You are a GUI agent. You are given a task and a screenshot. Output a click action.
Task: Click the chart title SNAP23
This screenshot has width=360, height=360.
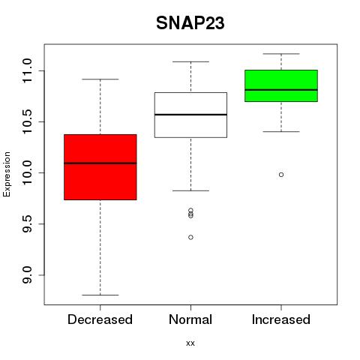click(x=190, y=23)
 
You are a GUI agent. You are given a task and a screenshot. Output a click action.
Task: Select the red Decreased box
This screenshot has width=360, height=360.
click(x=100, y=167)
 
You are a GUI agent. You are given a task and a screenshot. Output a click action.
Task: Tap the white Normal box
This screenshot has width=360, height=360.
click(x=190, y=115)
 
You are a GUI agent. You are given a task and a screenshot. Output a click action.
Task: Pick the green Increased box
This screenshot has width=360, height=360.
click(x=281, y=85)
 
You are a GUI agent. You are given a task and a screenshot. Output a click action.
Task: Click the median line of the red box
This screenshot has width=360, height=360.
click(x=100, y=163)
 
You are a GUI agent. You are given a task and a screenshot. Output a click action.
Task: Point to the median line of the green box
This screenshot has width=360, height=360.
click(x=281, y=90)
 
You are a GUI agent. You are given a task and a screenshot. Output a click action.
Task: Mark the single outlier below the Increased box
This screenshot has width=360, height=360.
click(x=281, y=175)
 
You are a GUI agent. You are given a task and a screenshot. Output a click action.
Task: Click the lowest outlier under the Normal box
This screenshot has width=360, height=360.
click(x=190, y=237)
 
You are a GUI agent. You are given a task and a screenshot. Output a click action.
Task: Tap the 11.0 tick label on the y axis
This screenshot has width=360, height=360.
click(x=27, y=70)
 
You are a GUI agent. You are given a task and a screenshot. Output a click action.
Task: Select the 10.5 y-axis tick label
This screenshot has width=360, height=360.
click(x=27, y=121)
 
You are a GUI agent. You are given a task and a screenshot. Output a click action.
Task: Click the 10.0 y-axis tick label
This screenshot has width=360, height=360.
click(x=27, y=172)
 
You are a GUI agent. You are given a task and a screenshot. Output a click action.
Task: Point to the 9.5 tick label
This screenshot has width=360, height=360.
click(x=27, y=223)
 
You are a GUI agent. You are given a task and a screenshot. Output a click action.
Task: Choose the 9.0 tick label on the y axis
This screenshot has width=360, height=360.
click(x=27, y=275)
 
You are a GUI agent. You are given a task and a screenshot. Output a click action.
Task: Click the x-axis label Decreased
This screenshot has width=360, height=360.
click(x=100, y=319)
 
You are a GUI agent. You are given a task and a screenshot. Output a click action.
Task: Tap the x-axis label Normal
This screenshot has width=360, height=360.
click(x=190, y=319)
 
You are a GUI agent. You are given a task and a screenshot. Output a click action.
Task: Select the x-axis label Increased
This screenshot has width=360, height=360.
click(x=281, y=319)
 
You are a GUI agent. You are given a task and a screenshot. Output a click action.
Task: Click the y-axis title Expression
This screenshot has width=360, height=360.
click(x=7, y=174)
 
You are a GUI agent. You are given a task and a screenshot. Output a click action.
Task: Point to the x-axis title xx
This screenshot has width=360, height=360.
click(x=190, y=343)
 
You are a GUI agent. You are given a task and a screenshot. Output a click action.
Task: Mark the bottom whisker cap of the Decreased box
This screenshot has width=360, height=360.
click(x=100, y=295)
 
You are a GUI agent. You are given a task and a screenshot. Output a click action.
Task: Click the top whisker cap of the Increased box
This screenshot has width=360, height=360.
click(x=281, y=54)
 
